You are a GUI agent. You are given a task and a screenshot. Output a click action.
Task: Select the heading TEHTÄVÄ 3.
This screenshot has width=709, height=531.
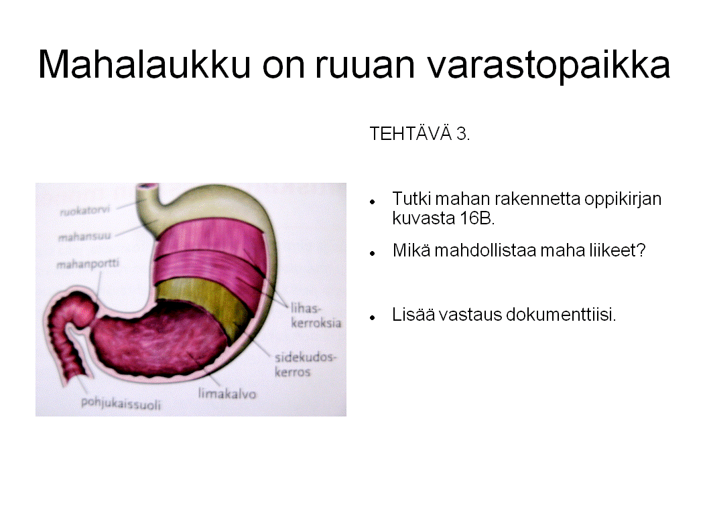coord(420,134)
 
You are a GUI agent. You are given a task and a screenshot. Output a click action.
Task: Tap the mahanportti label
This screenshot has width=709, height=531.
coord(88,263)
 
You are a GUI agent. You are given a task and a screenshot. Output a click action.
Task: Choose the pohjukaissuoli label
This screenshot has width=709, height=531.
coord(121,403)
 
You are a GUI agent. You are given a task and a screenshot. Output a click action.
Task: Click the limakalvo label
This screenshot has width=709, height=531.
coord(227,394)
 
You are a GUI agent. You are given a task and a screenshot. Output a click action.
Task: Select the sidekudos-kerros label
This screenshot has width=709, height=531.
coord(305,364)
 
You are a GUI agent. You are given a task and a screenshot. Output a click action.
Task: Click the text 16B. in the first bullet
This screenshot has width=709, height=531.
coord(443,218)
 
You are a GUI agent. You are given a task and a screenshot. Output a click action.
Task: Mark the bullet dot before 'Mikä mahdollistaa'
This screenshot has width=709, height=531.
coord(371,253)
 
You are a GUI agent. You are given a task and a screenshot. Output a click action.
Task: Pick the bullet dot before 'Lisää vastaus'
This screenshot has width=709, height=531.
coord(371,316)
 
